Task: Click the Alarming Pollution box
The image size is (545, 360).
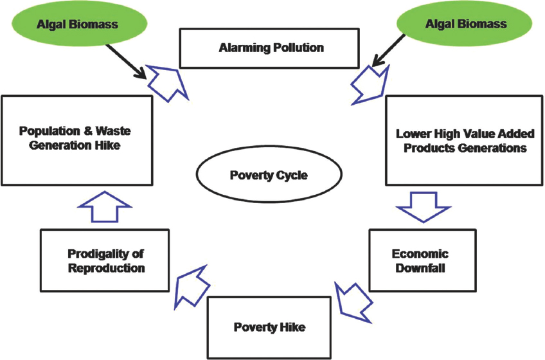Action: (269, 48)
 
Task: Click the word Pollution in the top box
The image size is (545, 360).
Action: (297, 48)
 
